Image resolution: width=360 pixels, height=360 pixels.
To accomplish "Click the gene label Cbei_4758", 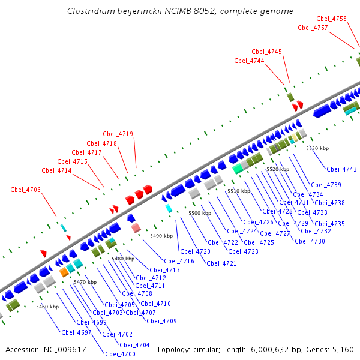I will [331, 19].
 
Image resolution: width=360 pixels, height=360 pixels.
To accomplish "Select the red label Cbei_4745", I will [266, 52].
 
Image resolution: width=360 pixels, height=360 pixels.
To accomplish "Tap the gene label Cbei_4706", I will [26, 190].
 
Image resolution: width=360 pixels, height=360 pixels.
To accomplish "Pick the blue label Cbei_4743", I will [342, 169].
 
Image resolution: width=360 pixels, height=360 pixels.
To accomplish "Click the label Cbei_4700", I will [121, 354].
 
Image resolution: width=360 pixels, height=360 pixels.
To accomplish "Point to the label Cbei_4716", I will [179, 261].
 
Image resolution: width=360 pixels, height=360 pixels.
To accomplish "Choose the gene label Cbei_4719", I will [118, 134].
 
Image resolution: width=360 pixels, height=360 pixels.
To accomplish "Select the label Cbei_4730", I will [310, 241].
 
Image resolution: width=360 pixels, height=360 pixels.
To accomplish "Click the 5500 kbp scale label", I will [200, 213].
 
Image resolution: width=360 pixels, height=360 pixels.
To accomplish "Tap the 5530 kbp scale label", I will [317, 148].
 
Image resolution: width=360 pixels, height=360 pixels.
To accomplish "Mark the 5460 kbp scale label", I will [47, 307].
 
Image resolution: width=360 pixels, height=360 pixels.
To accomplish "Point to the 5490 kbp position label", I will [161, 236].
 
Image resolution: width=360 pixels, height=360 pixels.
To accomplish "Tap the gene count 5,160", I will [342, 349].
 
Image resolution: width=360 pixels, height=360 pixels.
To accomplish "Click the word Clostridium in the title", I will [90, 11].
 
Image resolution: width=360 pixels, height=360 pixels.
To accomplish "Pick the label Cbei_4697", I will [76, 332].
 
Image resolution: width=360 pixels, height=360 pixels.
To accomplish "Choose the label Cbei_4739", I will [326, 185].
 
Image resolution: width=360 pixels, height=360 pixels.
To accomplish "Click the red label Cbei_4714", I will [57, 171].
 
